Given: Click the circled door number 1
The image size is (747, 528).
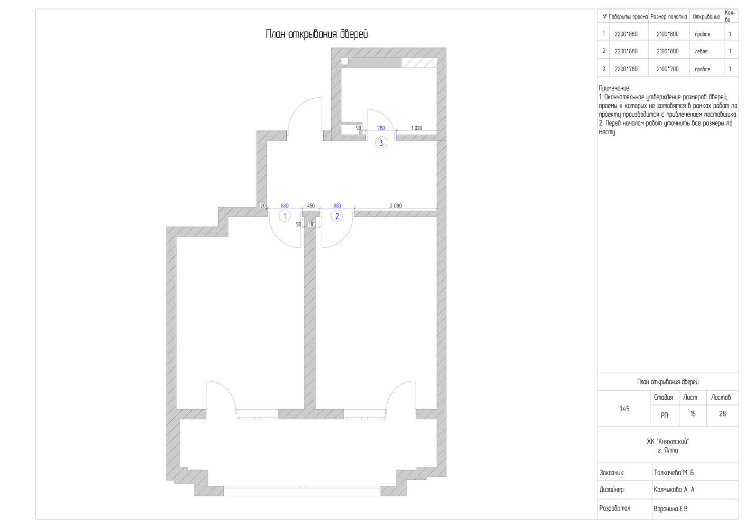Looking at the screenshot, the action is point(284,216).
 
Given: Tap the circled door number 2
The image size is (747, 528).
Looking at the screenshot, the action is point(337,216).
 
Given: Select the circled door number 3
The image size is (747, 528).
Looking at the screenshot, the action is point(381,143).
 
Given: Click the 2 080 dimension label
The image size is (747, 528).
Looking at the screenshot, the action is point(396,206).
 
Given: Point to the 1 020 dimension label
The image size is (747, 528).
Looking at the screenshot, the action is point(416,128).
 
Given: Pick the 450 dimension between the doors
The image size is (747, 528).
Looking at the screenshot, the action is point(311,206).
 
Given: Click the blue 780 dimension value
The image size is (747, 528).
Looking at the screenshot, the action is point(381,128).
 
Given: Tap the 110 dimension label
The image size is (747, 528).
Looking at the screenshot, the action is point(312,224).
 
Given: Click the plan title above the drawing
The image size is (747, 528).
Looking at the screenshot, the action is point(317,34).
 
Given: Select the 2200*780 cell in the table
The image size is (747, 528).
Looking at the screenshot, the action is point(626,69).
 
